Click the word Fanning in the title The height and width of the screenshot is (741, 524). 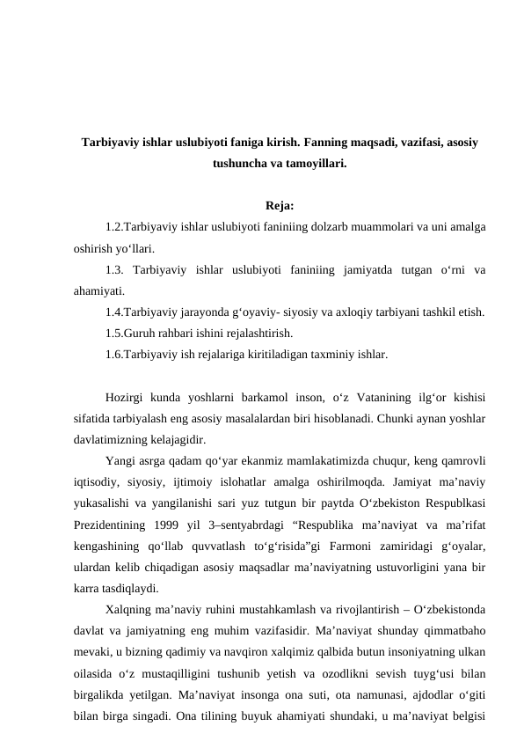click(330, 143)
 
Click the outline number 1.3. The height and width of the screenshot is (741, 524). click(114, 269)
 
